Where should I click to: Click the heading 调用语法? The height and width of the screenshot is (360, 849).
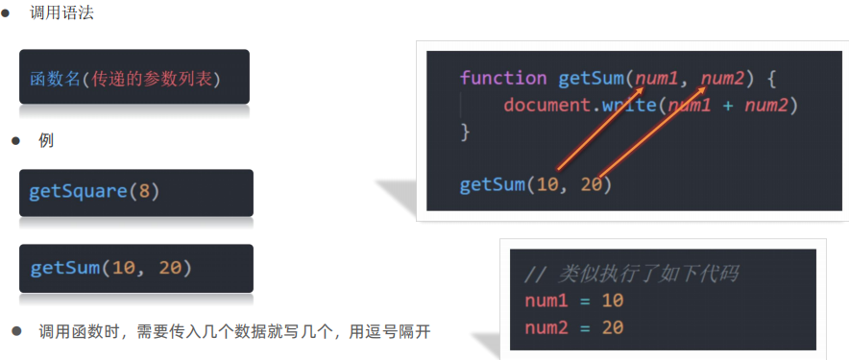tap(62, 12)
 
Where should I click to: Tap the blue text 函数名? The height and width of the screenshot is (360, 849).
tap(54, 79)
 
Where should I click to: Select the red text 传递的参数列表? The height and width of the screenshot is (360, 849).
tap(151, 79)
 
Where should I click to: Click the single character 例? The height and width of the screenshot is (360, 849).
tap(46, 141)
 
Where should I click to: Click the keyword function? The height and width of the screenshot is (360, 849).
tap(503, 78)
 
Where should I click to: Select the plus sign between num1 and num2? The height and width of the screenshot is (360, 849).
tap(728, 106)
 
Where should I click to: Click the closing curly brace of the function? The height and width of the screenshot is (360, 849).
tap(464, 132)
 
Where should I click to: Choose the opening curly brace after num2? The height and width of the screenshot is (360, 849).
tap(771, 79)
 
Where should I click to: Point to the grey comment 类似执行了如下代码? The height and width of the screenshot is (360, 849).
tap(647, 275)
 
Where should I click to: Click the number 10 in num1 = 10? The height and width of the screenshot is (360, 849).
tap(613, 300)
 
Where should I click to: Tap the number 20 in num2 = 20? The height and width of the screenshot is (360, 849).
tap(613, 327)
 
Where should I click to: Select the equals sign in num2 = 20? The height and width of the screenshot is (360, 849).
tap(585, 328)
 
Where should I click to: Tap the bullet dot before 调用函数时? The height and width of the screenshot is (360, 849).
tap(16, 331)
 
